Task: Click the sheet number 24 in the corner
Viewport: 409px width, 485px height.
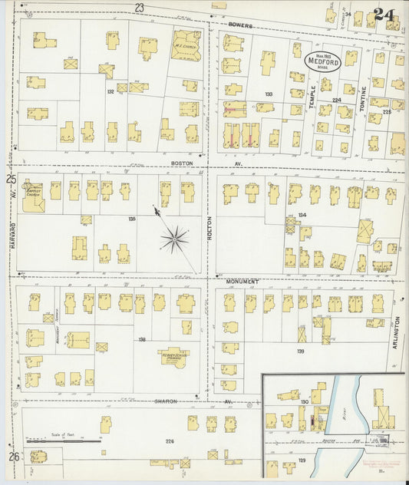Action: click(386, 13)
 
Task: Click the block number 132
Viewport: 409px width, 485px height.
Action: click(110, 91)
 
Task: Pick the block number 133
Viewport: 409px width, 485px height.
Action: click(269, 94)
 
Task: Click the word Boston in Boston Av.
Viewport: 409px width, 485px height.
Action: click(181, 163)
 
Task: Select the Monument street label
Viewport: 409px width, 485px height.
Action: click(245, 282)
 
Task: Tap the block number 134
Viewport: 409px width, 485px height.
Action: click(302, 215)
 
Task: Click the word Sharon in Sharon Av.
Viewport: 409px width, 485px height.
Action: click(166, 401)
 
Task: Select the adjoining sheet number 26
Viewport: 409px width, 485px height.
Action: click(13, 457)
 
